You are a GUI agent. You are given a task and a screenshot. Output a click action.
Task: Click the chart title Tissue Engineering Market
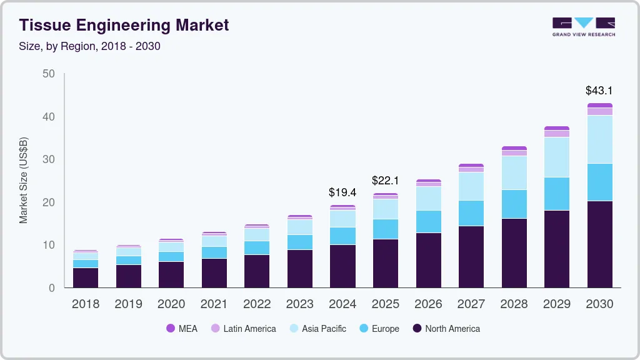124,25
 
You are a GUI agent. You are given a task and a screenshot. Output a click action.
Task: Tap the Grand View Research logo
583,26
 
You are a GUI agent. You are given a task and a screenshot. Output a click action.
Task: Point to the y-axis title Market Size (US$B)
24,181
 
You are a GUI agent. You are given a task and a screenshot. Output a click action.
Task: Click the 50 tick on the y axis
48,74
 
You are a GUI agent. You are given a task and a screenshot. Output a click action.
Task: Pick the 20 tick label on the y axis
48,202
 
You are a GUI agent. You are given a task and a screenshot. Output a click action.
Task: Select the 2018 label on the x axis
85,304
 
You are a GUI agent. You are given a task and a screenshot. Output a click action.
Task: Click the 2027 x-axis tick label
471,304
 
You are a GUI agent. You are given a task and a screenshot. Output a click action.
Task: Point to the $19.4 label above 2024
342,192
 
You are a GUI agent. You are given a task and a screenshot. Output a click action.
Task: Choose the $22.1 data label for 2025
385,181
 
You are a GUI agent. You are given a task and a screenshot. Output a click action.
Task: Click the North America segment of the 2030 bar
599,244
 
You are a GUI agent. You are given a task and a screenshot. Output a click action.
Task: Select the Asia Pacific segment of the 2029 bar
557,157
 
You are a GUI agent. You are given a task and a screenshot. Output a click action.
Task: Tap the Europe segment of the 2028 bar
514,204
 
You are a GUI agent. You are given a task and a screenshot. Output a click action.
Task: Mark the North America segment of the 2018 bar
85,277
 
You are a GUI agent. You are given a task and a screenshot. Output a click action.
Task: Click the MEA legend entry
182,329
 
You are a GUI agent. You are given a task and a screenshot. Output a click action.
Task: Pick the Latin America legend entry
243,329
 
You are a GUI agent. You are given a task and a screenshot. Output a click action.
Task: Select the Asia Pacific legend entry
317,329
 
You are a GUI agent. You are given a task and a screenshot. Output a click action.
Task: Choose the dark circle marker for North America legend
416,329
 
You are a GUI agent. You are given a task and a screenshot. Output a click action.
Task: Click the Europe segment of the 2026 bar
428,221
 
